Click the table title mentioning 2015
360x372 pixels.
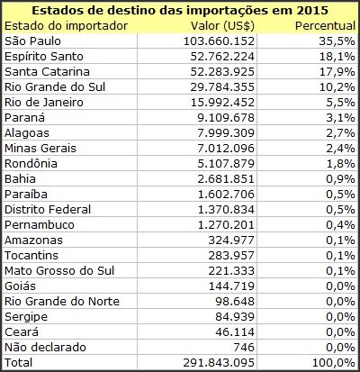tap(180, 11)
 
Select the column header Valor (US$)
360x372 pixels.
tap(222, 26)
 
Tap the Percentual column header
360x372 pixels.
tap(325, 26)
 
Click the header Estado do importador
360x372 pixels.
tap(66, 26)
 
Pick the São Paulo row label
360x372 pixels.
tap(32, 41)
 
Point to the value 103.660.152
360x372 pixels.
tap(219, 41)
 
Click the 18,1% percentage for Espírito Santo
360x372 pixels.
tap(337, 57)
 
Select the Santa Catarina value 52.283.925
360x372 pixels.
tap(222, 72)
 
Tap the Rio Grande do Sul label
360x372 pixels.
tap(55, 87)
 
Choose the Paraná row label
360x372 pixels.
tap(24, 117)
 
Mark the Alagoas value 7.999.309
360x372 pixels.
tap(226, 133)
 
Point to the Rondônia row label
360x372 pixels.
tap(31, 164)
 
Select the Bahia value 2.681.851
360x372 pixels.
tap(226, 179)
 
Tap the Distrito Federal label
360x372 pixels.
tap(48, 210)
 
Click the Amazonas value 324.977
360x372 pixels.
tap(231, 240)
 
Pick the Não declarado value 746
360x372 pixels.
tap(243, 348)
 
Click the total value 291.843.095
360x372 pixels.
tap(219, 363)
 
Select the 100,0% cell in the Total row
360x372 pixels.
tap(334, 363)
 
